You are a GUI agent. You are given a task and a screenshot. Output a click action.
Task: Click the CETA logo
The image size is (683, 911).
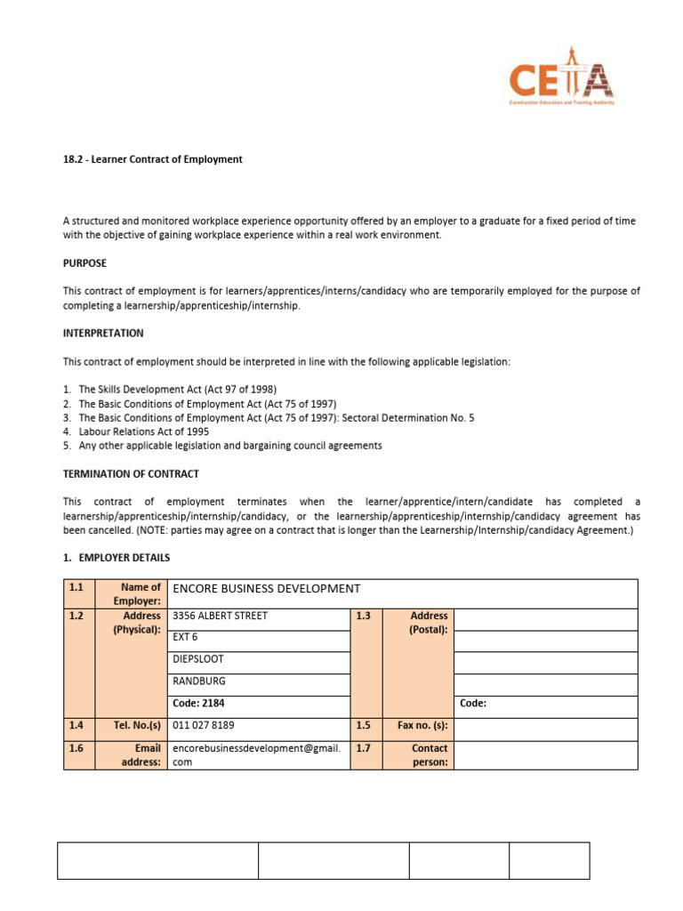coord(560,81)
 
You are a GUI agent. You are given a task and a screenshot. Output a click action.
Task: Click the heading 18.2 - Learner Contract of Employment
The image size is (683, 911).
coord(152,159)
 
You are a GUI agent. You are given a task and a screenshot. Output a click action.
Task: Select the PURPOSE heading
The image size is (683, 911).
coord(84,263)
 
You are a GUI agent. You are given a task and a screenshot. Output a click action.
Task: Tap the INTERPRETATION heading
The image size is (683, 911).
coord(103,333)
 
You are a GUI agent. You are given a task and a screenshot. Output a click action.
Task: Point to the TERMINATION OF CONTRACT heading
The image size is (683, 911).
coord(131,473)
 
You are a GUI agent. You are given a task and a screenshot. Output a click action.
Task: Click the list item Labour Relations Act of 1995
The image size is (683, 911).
coord(144,431)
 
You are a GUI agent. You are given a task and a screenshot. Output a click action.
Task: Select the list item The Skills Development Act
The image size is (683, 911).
coord(178,389)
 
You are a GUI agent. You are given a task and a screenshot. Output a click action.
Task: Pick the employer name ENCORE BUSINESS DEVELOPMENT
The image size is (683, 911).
coord(266,589)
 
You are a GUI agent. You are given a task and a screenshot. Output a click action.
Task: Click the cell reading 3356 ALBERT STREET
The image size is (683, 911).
coord(220,616)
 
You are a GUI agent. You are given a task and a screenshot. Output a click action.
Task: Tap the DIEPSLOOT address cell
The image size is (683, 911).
coord(198,659)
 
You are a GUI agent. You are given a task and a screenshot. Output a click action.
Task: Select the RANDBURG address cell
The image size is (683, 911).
coord(199,681)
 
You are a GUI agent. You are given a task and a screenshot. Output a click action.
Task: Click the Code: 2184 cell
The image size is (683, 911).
coord(199,703)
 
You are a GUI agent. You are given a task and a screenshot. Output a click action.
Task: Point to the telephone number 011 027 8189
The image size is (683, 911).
coord(204,725)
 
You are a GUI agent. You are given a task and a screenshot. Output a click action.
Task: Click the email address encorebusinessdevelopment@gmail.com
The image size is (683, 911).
coord(256,755)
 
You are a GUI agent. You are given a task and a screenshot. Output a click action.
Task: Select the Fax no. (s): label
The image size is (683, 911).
coord(422,725)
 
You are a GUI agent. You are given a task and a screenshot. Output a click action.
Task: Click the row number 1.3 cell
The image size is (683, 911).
coord(366,616)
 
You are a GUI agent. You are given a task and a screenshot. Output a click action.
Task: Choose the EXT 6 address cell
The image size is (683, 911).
coord(186,637)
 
